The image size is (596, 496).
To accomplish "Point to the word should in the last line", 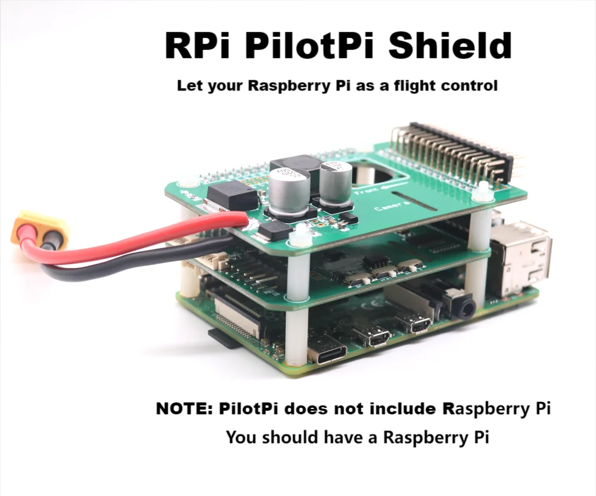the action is pyautogui.click(x=288, y=438).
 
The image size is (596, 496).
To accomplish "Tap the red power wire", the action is pyautogui.click(x=149, y=232).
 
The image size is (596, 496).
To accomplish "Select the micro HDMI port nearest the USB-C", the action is pyautogui.click(x=377, y=338).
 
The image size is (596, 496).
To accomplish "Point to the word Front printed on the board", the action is pyautogui.click(x=365, y=192).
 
